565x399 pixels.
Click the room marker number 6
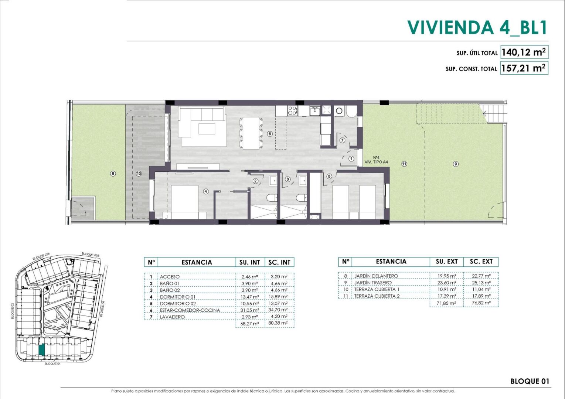click(270, 134)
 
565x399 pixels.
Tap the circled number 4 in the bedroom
click(206, 192)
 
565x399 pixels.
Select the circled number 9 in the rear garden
click(456, 164)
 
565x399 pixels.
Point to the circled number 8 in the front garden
click(113, 174)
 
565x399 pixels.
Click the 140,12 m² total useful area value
click(524, 52)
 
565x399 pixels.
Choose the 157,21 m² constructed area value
click(524, 68)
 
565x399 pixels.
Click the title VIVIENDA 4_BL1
click(477, 27)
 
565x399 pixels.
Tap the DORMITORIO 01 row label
click(178, 297)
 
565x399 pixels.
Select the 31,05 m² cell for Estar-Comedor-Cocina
click(249, 310)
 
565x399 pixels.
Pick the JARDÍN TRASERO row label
click(373, 283)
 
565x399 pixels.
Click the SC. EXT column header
click(481, 262)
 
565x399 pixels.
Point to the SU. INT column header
click(250, 262)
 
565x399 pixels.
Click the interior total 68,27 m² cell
click(250, 324)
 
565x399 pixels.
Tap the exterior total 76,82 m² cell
click(481, 303)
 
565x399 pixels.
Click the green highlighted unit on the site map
click(42, 350)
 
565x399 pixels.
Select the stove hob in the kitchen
click(293, 110)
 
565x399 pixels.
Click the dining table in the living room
click(251, 133)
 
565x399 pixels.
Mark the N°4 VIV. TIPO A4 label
click(376, 160)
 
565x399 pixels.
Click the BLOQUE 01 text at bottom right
click(530, 381)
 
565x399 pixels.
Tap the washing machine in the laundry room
click(339, 111)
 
